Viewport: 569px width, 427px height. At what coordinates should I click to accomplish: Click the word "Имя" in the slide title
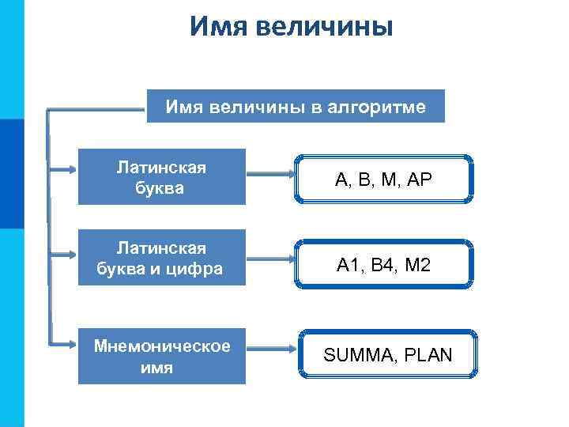pyautogui.click(x=220, y=27)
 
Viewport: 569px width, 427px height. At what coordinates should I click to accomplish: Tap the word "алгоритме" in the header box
pyautogui.click(x=380, y=107)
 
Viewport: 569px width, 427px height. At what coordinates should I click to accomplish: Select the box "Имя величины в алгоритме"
pyautogui.click(x=296, y=107)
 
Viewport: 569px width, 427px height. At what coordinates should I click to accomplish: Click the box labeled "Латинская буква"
pyautogui.click(x=161, y=177)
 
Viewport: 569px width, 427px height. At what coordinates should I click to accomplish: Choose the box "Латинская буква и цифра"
pyautogui.click(x=161, y=259)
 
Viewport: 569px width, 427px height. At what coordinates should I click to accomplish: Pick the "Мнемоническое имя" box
pyautogui.click(x=161, y=357)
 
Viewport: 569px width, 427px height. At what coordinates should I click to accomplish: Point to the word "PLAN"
pyautogui.click(x=427, y=355)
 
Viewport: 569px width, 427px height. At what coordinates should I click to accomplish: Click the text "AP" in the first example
pyautogui.click(x=421, y=180)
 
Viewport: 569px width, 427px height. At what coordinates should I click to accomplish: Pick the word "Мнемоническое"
pyautogui.click(x=161, y=346)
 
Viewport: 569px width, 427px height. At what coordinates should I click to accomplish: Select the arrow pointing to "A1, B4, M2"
pyautogui.click(x=269, y=259)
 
